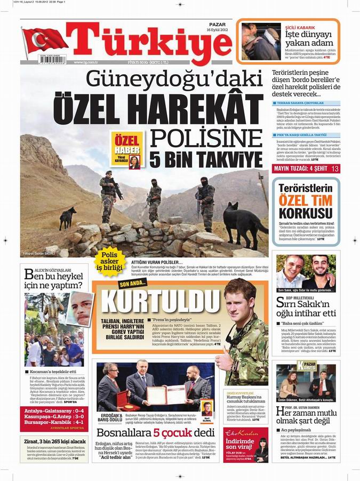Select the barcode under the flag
pyautogui.click(x=52, y=60)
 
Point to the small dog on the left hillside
pyautogui.click(x=67, y=216)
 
